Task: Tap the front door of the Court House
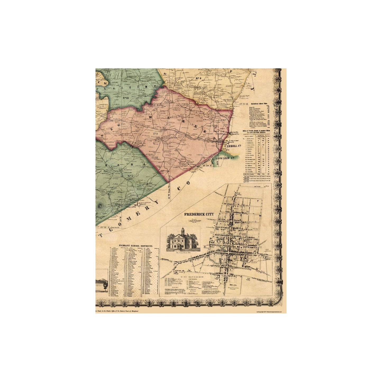[x=180, y=247]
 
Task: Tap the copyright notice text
[x=271, y=312]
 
